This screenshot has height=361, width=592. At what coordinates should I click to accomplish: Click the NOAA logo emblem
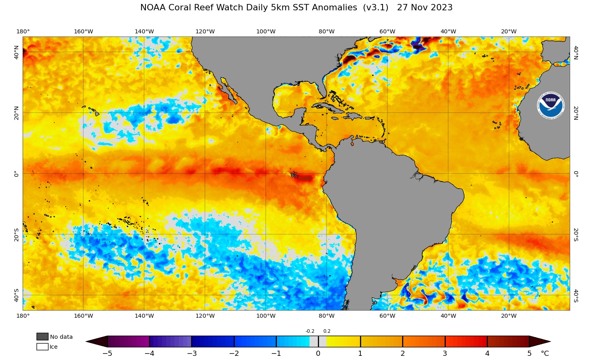pyautogui.click(x=550, y=106)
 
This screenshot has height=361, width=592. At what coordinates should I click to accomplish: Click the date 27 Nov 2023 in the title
pyautogui.click(x=425, y=8)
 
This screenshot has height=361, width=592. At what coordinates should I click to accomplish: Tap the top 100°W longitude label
pyautogui.click(x=266, y=32)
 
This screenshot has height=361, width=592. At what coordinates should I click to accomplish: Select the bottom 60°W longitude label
pyautogui.click(x=387, y=316)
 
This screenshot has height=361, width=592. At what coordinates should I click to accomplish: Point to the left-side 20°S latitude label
pyautogui.click(x=16, y=235)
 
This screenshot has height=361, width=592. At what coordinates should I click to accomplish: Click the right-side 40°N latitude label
pyautogui.click(x=576, y=52)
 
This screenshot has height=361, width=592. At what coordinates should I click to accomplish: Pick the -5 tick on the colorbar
pyautogui.click(x=107, y=353)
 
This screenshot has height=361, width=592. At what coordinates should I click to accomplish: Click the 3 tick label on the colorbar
pyautogui.click(x=445, y=353)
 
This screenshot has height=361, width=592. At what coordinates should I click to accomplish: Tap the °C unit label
pyautogui.click(x=545, y=353)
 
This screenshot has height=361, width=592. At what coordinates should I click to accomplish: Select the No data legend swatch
pyautogui.click(x=43, y=336)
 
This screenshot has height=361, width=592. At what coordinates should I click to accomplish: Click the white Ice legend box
pyautogui.click(x=43, y=347)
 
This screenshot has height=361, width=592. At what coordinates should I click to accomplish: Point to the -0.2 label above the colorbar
pyautogui.click(x=310, y=331)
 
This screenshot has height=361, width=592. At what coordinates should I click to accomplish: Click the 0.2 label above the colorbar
pyautogui.click(x=327, y=331)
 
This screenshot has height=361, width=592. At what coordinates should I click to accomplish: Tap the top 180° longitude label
pyautogui.click(x=23, y=32)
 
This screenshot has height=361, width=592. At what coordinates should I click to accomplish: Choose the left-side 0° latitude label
pyautogui.click(x=16, y=174)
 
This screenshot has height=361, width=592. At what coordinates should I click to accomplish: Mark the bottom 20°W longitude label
pyautogui.click(x=509, y=316)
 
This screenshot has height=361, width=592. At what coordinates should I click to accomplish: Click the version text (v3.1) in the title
pyautogui.click(x=375, y=8)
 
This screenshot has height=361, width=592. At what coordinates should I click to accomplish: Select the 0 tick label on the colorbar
pyautogui.click(x=318, y=353)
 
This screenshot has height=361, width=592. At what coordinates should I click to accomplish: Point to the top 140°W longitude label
pyautogui.click(x=144, y=32)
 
